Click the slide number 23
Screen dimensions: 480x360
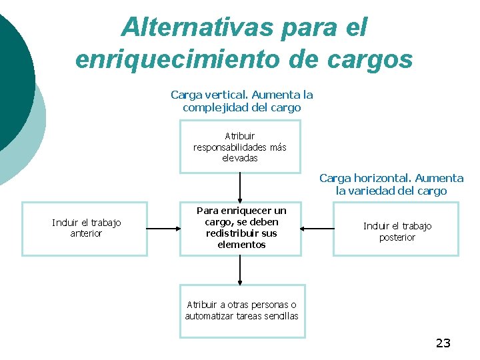click(x=443, y=343)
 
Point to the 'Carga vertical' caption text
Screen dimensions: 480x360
click(x=241, y=101)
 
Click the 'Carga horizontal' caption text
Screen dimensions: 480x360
click(x=391, y=185)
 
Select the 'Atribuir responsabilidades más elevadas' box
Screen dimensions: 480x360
click(x=240, y=147)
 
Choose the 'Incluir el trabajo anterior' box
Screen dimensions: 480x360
click(x=85, y=228)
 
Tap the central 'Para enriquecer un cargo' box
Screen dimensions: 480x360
click(x=241, y=228)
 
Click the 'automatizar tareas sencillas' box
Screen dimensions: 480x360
click(x=241, y=311)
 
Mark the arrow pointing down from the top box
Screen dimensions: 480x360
click(x=240, y=187)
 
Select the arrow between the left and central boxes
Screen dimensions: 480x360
click(x=163, y=228)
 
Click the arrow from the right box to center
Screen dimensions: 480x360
click(x=317, y=228)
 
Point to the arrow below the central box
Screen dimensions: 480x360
click(x=240, y=269)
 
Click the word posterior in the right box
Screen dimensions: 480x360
click(x=397, y=237)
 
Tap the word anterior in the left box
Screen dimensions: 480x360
click(x=86, y=234)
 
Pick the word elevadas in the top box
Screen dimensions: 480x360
click(x=239, y=158)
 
